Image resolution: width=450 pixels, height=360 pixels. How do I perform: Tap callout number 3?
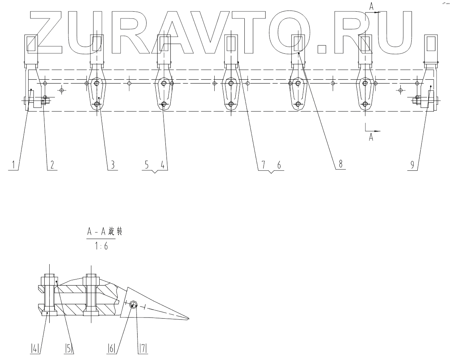[112, 164]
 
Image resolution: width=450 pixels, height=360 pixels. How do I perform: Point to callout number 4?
[162, 164]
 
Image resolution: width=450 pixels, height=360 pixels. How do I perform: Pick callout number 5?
[147, 164]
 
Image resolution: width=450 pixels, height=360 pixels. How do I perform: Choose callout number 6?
[279, 164]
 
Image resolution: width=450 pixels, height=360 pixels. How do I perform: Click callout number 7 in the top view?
[264, 164]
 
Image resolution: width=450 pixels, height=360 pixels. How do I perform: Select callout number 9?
[412, 164]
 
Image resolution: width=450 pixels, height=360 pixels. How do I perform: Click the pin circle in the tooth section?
[133, 305]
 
